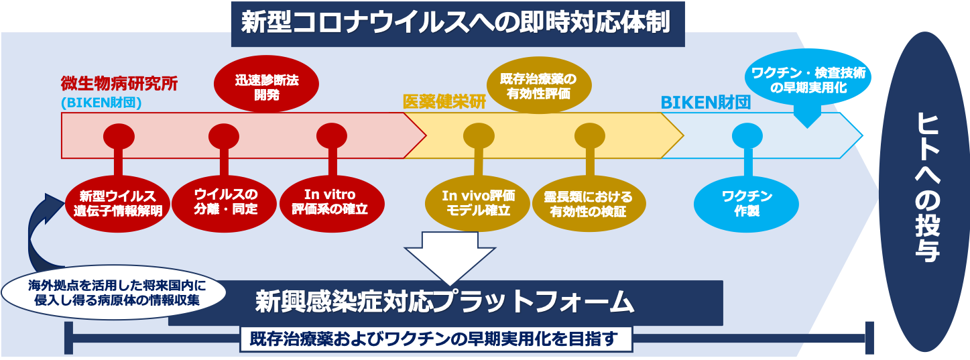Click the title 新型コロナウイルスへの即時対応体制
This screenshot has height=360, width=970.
pos(458,24)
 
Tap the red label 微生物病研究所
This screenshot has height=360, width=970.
pos(119,85)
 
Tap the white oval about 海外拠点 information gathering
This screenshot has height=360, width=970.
pos(113,293)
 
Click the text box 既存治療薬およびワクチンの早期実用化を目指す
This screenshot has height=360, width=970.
pos(436,339)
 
